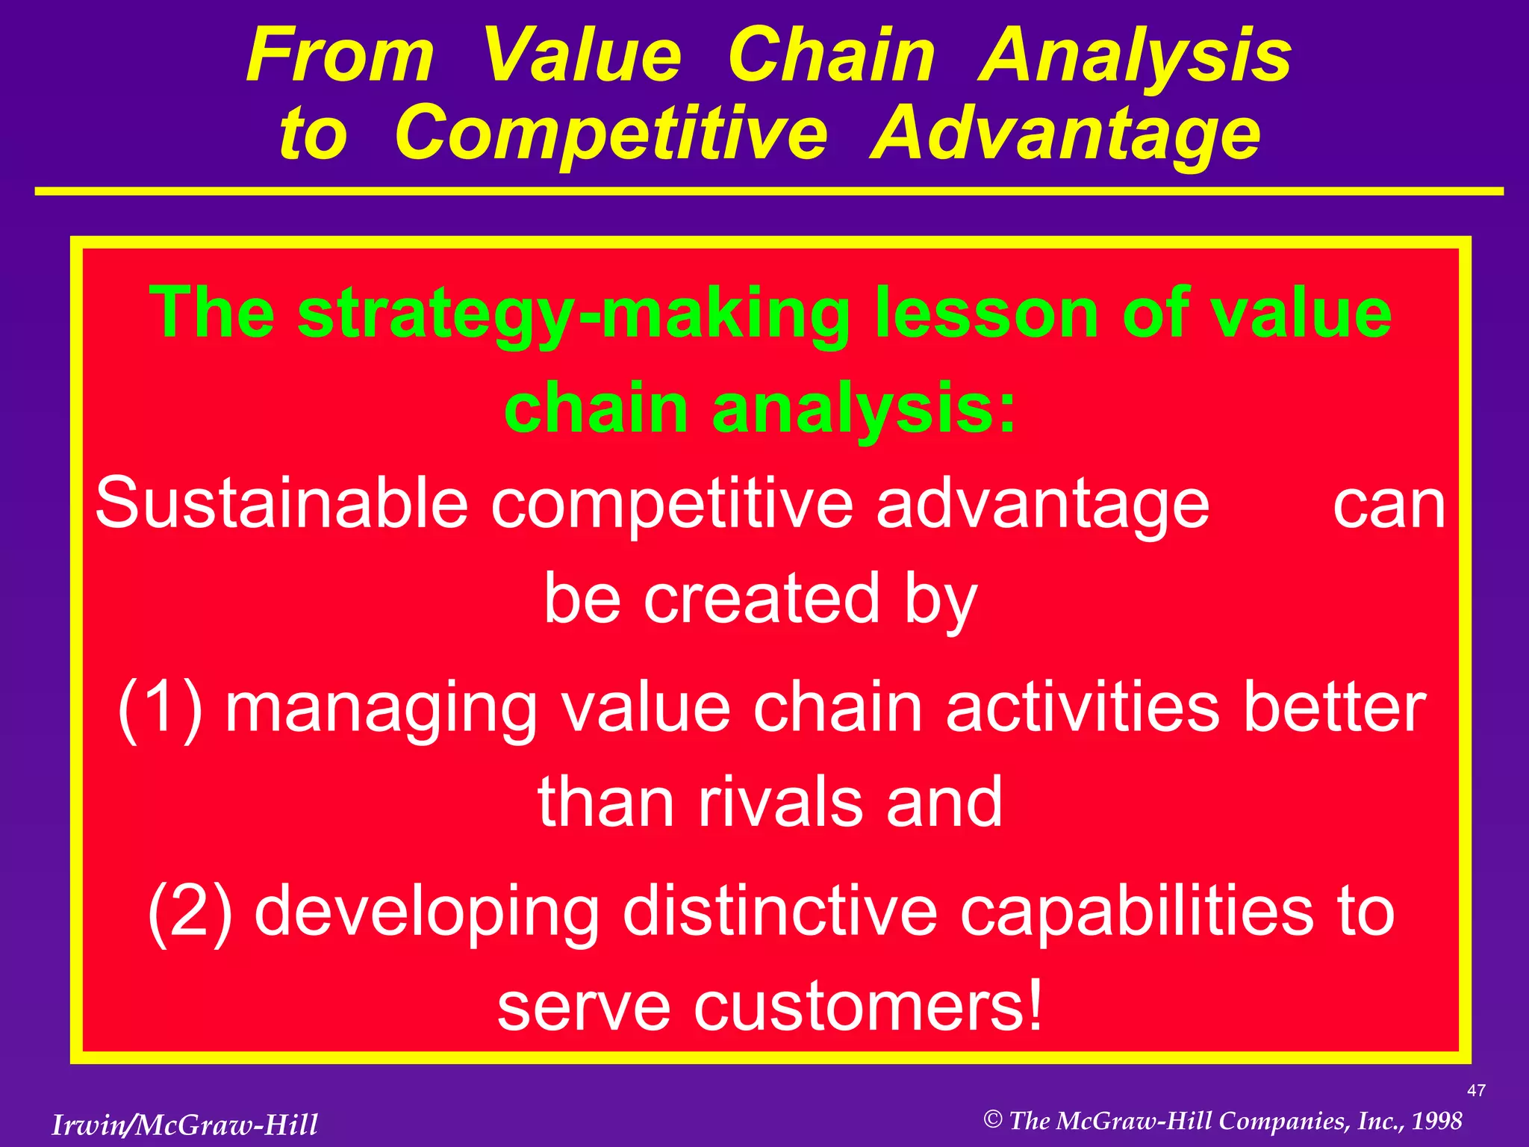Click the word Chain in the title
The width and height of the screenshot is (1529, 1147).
[831, 55]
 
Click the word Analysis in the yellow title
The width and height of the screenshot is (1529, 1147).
[1135, 57]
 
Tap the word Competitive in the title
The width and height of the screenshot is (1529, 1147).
[611, 134]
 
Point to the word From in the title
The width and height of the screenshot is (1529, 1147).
[340, 55]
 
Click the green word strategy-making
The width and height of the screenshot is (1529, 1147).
[573, 314]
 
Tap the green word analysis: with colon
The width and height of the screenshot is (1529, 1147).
[865, 408]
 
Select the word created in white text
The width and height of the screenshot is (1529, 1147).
[762, 599]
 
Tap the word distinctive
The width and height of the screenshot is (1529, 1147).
[780, 912]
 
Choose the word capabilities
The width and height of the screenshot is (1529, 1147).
[1136, 912]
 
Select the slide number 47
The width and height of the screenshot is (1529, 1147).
[1476, 1091]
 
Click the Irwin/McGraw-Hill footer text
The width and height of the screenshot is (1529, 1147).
[184, 1125]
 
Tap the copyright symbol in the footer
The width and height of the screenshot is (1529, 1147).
[992, 1119]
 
